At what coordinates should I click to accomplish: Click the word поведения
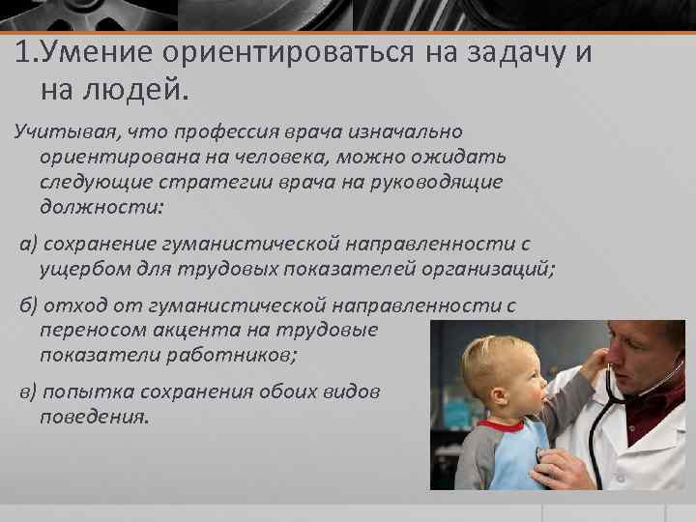[94, 417]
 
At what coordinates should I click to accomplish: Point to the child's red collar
[503, 425]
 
